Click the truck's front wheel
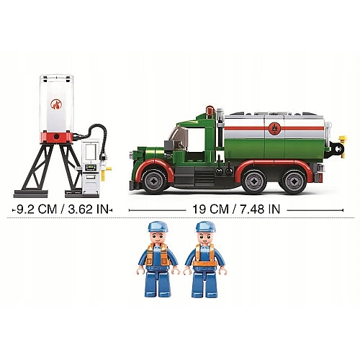point(155,181)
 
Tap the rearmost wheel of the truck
point(294,181)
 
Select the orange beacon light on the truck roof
point(210,110)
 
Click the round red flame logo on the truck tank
point(274,127)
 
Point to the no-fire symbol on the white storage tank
point(56,105)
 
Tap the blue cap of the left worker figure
point(157,227)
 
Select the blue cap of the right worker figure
point(206,227)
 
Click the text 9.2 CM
point(37,210)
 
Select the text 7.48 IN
point(261,210)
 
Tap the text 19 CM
point(210,210)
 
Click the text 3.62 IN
point(89,210)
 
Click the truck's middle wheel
point(254,181)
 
